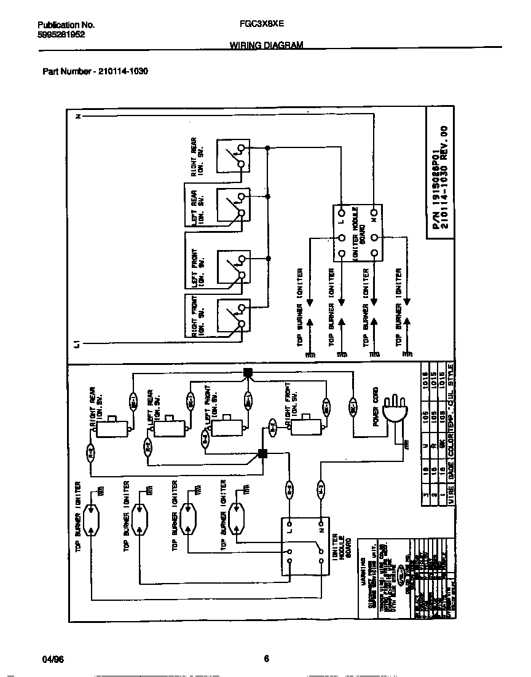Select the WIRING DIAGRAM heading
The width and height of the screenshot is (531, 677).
[x=266, y=45]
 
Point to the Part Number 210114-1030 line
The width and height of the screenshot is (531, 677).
[x=95, y=71]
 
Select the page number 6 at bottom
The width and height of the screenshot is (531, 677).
[x=266, y=659]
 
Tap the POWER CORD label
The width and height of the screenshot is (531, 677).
[x=376, y=406]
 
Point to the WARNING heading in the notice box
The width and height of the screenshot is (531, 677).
[x=363, y=565]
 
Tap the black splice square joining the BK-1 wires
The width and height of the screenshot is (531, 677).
[x=248, y=372]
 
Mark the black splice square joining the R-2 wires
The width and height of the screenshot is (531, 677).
[x=262, y=454]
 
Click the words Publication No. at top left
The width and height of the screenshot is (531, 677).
[x=66, y=25]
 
